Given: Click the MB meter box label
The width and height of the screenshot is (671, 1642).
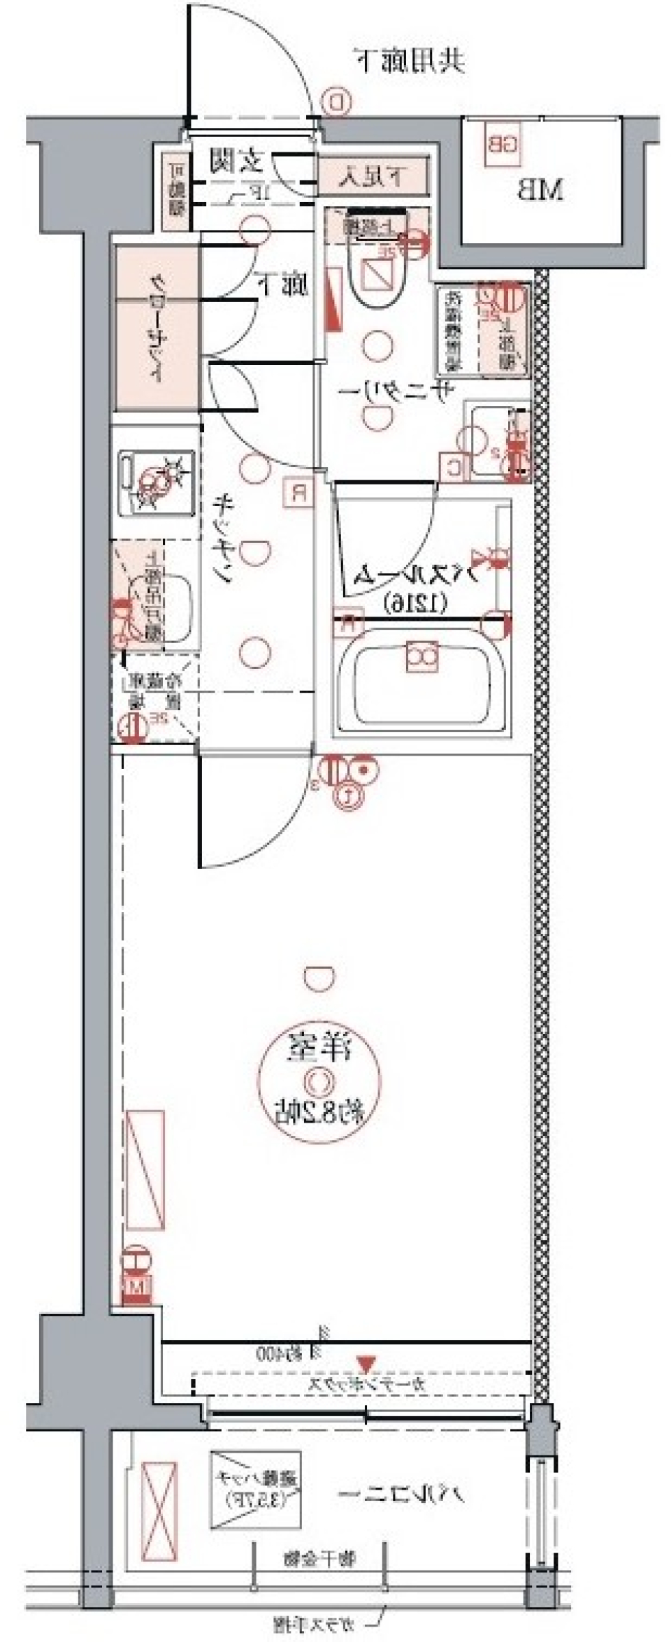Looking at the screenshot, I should point(540,190).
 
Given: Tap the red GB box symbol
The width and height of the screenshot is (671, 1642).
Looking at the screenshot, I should point(503,145).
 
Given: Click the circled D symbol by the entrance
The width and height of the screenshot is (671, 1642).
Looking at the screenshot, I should point(337,103).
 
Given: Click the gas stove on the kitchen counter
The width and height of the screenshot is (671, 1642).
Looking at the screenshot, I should point(155,482).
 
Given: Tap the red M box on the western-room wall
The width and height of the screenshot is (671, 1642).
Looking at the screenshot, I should point(136,1285).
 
